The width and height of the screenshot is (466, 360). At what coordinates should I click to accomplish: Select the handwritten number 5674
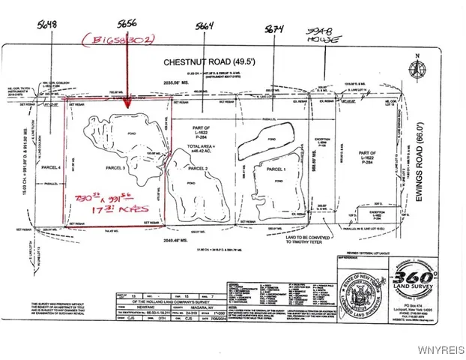[x=274, y=28]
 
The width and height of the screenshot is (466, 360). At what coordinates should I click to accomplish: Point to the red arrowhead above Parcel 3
[x=127, y=104]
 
